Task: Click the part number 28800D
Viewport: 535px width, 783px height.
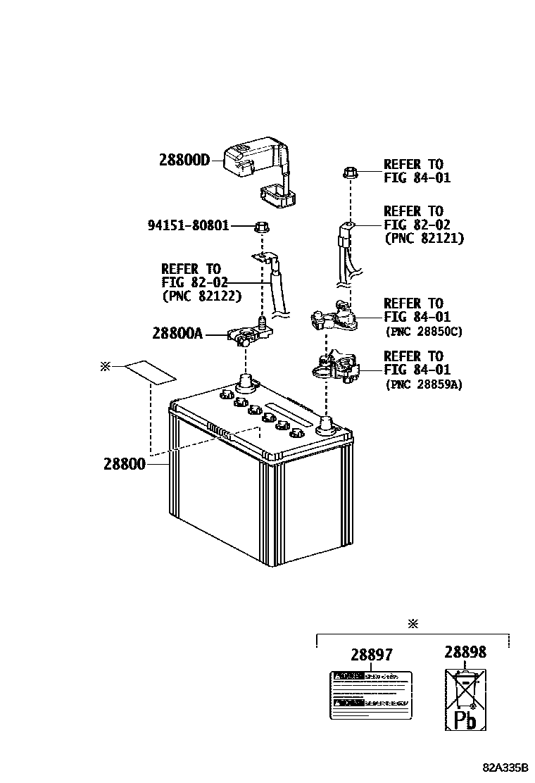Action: click(184, 160)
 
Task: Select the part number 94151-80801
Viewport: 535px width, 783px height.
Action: click(188, 226)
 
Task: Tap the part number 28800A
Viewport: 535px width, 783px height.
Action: click(177, 333)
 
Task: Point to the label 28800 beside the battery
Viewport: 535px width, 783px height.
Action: click(124, 464)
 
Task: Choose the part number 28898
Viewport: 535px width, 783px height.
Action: click(465, 652)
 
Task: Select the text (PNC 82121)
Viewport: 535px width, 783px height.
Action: click(423, 239)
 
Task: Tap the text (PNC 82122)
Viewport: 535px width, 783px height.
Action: click(201, 296)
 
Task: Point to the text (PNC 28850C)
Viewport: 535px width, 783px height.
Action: click(423, 331)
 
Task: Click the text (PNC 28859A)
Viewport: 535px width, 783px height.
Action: click(423, 384)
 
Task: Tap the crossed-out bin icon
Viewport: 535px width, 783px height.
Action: click(465, 690)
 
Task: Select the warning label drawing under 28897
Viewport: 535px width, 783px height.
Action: click(371, 694)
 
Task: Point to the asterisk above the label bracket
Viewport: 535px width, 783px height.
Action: click(413, 624)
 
